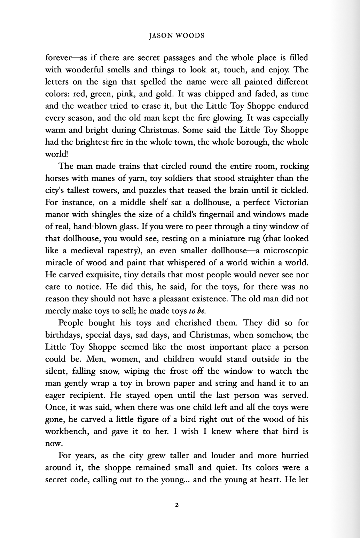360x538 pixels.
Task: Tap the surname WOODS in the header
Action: click(190, 35)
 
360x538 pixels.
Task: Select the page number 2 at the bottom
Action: click(177, 505)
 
